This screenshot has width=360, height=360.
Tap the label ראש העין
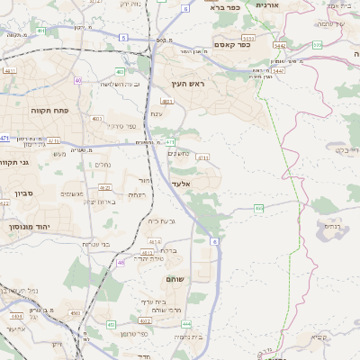[190, 85]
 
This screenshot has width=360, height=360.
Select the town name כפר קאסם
[231, 44]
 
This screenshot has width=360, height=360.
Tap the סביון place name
[22, 193]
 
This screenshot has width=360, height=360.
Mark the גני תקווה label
[16, 162]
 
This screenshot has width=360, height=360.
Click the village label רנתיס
[332, 227]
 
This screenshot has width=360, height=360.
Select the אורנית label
[269, 5]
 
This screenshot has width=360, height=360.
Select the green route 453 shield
[112, 323]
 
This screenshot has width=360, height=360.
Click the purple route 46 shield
[121, 262]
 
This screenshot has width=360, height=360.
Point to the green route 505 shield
[318, 43]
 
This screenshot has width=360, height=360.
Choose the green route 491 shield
[40, 31]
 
